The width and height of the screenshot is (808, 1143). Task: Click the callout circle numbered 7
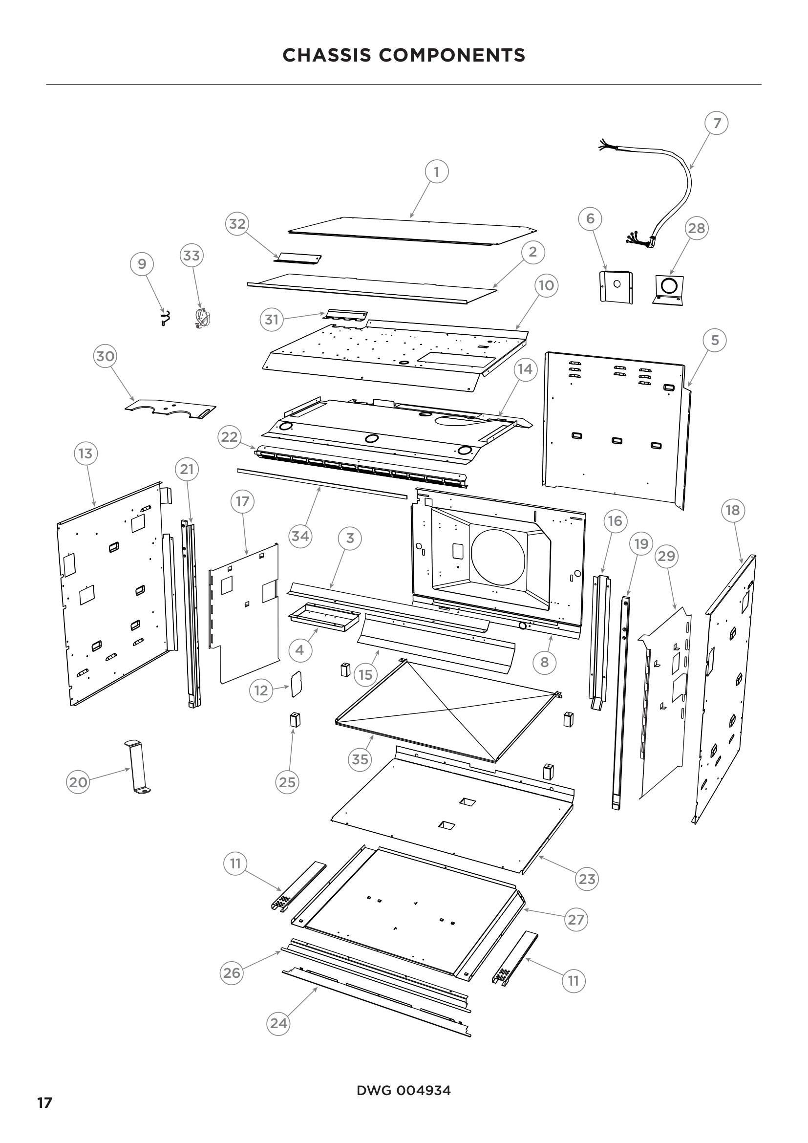pos(717,123)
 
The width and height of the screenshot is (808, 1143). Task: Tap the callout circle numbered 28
pos(696,228)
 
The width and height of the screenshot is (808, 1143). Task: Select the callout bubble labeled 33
pos(191,256)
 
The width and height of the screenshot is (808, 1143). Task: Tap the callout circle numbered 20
pos(78,782)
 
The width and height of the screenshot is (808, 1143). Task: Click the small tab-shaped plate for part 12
pos(297,683)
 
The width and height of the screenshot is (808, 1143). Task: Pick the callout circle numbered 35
pos(360,759)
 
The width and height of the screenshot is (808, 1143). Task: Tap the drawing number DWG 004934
pos(404,1091)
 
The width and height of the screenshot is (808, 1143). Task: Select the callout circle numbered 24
pos(278,1024)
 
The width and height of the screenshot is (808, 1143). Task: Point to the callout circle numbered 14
pos(526,369)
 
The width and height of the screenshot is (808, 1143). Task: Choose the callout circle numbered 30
pos(105,356)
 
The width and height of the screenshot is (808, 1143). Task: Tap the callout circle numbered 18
pos(733,510)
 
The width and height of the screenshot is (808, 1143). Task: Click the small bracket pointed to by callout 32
pos(299,259)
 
